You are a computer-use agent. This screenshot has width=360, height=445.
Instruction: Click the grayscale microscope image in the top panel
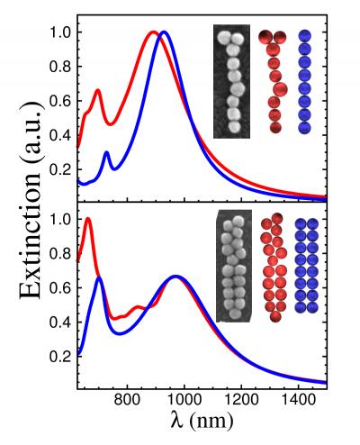point(229,81)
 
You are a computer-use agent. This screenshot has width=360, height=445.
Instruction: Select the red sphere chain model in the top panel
point(274,80)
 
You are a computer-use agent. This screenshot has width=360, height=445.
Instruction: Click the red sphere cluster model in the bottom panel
point(274,268)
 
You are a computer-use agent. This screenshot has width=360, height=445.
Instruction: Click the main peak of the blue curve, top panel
point(164,33)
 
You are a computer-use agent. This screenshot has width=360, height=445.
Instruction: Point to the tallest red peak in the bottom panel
point(87,219)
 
